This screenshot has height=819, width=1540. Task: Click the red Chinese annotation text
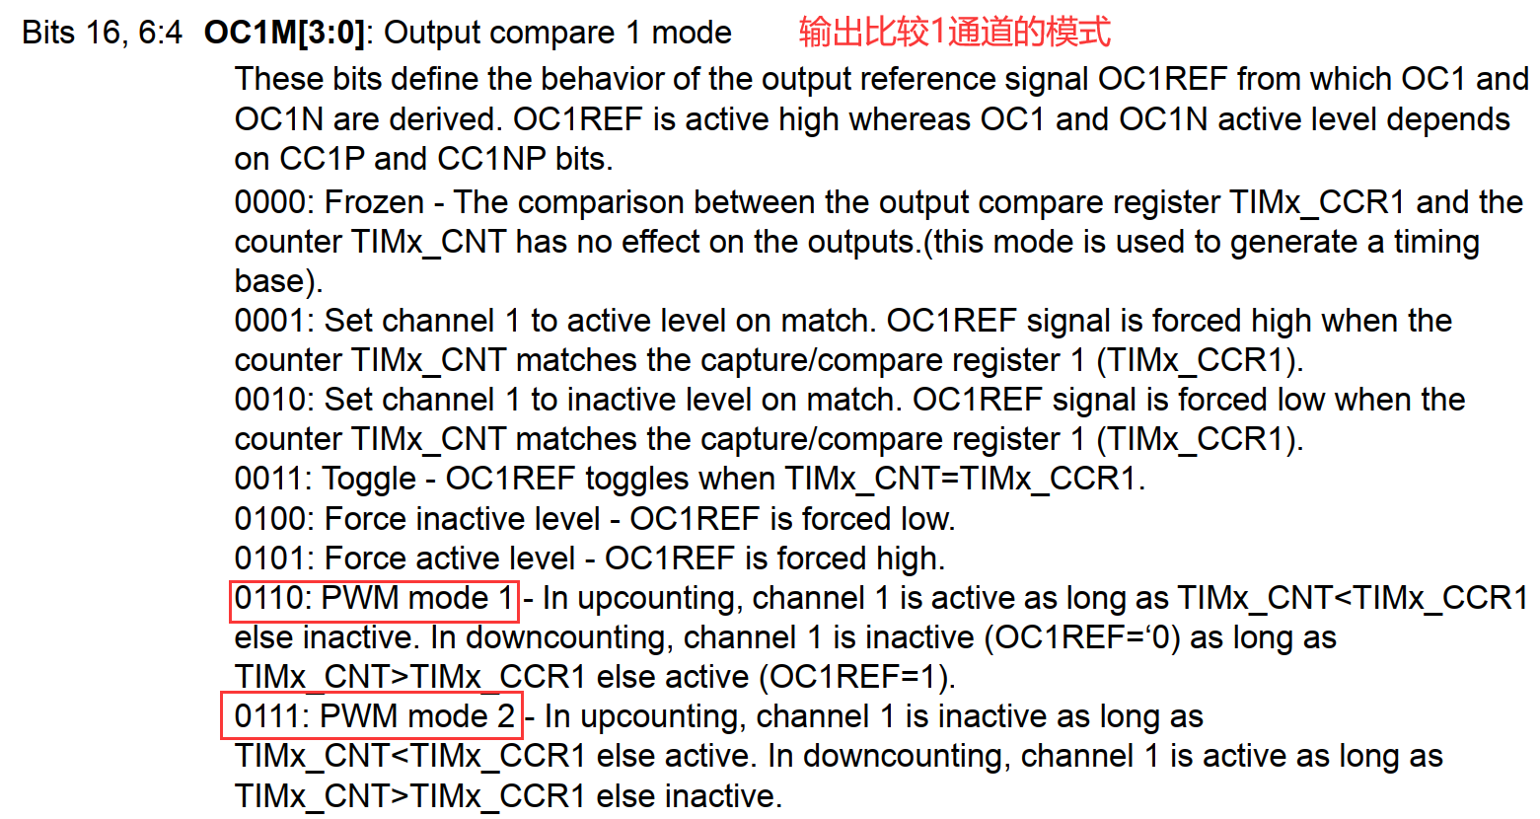pos(954,32)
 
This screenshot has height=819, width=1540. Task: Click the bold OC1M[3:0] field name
pos(284,33)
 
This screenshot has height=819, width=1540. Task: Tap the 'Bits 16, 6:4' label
pos(102,33)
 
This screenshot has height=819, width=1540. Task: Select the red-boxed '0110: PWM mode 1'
pos(374,598)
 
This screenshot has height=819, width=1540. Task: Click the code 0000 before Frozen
pos(269,202)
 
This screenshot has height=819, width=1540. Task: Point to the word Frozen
pos(374,202)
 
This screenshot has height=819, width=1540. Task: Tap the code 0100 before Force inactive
pos(269,519)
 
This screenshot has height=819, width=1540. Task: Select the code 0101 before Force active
pos(269,558)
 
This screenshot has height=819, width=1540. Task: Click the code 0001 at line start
pos(269,321)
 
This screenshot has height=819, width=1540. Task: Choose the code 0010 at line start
pos(269,400)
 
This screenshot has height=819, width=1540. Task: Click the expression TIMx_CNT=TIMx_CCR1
pos(960,479)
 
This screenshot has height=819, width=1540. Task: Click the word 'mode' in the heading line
pos(691,33)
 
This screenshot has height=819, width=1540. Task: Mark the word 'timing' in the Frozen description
pos(1435,242)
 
